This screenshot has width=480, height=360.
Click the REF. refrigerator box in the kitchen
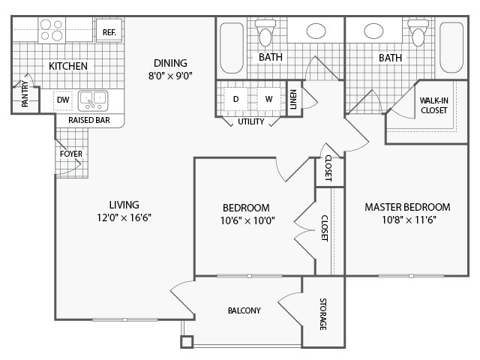tap(108, 32)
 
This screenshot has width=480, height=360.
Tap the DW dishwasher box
tap(64, 98)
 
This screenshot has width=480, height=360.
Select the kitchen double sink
tap(94, 98)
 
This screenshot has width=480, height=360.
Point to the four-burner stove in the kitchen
tap(52, 29)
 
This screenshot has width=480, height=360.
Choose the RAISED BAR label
tap(85, 120)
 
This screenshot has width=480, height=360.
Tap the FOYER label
tap(71, 154)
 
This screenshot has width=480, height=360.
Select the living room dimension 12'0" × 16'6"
tap(124, 217)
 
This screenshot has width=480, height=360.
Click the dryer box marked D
tap(235, 99)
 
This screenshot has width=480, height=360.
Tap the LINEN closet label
tap(293, 98)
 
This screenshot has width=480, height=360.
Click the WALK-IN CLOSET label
tap(433, 105)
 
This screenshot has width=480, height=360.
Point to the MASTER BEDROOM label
tap(407, 207)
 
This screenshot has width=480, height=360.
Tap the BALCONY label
tap(244, 310)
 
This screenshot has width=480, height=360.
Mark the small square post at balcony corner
tap(187, 342)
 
